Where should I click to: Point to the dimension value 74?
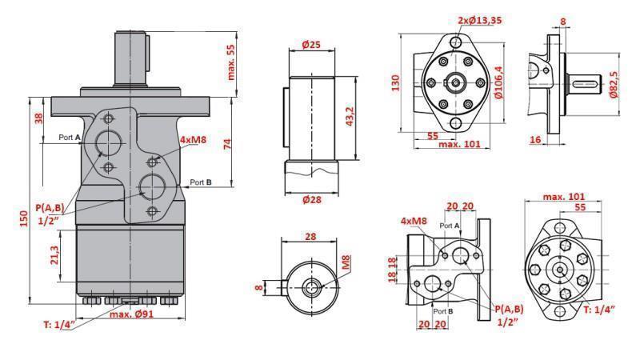(x=226, y=144)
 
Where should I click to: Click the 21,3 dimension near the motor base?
(x=53, y=255)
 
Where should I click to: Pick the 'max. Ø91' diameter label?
(x=132, y=314)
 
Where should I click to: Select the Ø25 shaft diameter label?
(x=311, y=45)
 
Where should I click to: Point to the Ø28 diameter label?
(x=311, y=199)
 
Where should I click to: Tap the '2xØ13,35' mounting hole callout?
(x=481, y=20)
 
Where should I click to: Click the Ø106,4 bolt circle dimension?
(x=498, y=82)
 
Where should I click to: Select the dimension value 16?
(x=535, y=139)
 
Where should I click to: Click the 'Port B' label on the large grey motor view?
(x=200, y=182)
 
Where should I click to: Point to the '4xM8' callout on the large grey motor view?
(x=194, y=141)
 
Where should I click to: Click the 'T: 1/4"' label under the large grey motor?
(x=58, y=324)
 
